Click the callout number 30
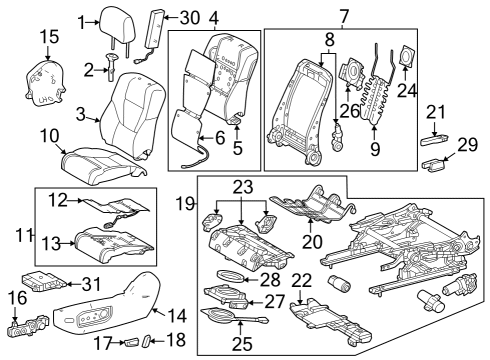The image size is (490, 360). click(189, 18)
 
